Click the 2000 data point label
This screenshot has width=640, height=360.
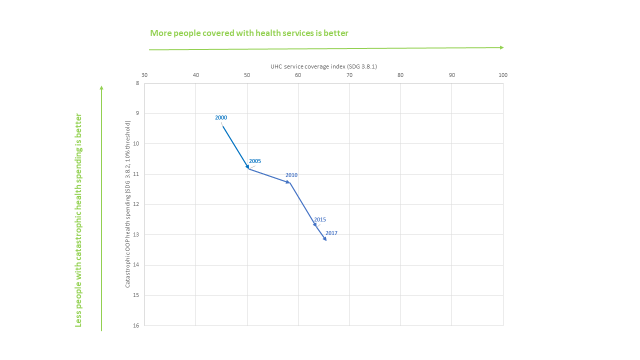[221, 117]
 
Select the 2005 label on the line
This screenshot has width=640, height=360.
[255, 161]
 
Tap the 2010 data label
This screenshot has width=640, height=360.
[291, 175]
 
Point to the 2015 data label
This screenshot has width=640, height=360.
[320, 219]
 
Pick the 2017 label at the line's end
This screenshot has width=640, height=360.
[331, 233]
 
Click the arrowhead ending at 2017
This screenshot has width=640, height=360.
[325, 239]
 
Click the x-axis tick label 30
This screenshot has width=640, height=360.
[144, 75]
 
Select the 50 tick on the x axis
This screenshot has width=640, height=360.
[247, 75]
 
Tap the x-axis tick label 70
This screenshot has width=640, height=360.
[349, 75]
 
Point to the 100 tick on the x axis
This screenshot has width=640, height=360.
[503, 75]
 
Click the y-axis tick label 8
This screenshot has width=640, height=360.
[137, 83]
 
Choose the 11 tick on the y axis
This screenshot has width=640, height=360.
[136, 174]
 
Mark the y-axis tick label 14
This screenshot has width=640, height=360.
[136, 265]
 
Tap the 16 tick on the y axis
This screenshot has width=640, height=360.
[136, 325]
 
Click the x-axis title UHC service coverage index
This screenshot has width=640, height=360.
[323, 66]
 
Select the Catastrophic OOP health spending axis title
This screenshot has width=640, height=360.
[128, 203]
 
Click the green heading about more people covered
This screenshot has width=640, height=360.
[249, 33]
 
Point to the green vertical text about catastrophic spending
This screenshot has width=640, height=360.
[78, 220]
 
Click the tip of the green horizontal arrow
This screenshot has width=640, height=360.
[502, 47]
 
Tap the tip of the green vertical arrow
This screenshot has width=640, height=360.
[101, 87]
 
